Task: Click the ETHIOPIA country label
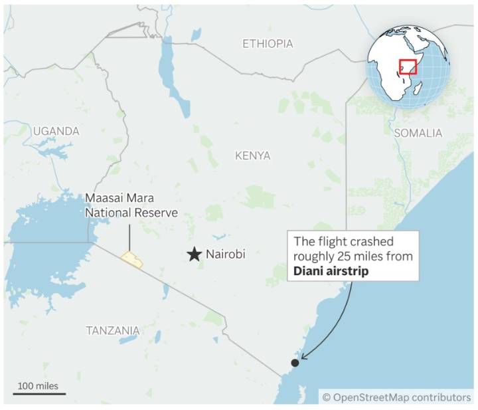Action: pos(267,44)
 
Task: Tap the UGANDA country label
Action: pos(56,132)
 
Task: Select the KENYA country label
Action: pos(252,155)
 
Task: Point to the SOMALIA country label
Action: pos(418,133)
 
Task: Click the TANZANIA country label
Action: pos(113,330)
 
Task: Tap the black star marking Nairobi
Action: pos(194,254)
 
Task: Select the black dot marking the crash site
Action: pos(295,362)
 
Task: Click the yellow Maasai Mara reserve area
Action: pos(131,259)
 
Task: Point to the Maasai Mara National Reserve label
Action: pos(131,205)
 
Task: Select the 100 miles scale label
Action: pos(38,385)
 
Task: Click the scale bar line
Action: pos(38,393)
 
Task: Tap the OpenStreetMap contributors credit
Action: pos(396,397)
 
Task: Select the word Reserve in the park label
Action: pos(159,213)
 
